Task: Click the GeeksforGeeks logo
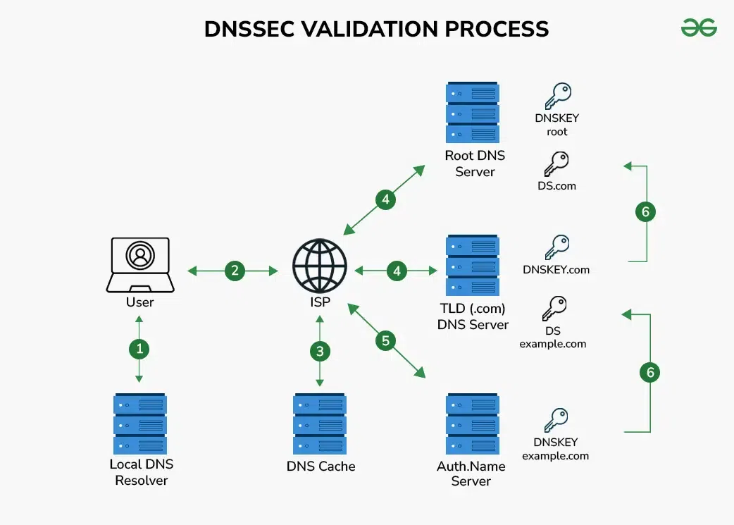(699, 27)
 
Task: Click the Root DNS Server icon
(473, 113)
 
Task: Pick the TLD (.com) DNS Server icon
(473, 266)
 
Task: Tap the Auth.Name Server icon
(473, 424)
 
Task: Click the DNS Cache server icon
(320, 424)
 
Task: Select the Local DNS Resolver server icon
(139, 424)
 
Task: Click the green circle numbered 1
(139, 348)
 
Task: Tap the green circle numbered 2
(235, 271)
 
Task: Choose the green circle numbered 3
(321, 351)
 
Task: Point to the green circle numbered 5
(385, 342)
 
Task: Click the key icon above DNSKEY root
(557, 96)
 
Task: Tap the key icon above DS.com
(556, 163)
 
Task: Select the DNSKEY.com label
(556, 269)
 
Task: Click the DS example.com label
(554, 338)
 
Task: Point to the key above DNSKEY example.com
(556, 420)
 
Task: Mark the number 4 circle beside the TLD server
(397, 271)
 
